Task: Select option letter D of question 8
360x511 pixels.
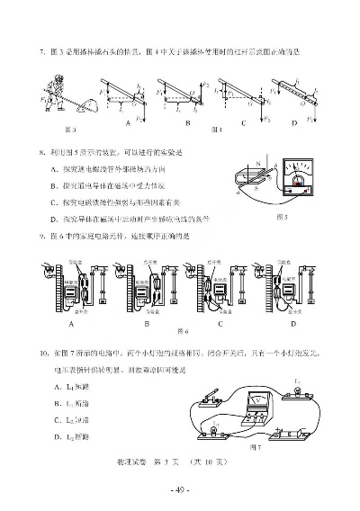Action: [55, 219]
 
